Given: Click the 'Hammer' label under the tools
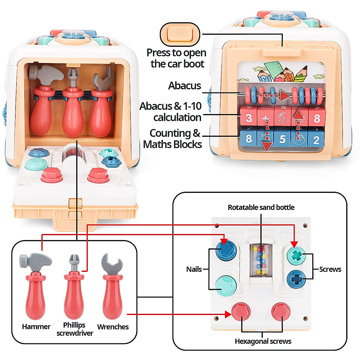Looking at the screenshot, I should (36, 327).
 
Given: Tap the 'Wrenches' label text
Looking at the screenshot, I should (113, 327).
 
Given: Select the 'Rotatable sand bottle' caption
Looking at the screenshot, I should (261, 207).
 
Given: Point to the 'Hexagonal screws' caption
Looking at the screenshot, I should (263, 341).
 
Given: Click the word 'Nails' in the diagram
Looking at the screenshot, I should (194, 269).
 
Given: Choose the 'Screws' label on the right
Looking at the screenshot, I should (330, 269).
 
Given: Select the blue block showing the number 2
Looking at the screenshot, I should (316, 140).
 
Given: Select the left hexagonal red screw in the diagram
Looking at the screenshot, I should (241, 312).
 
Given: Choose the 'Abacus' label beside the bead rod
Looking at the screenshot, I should (184, 86).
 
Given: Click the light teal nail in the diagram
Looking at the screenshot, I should (226, 285).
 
